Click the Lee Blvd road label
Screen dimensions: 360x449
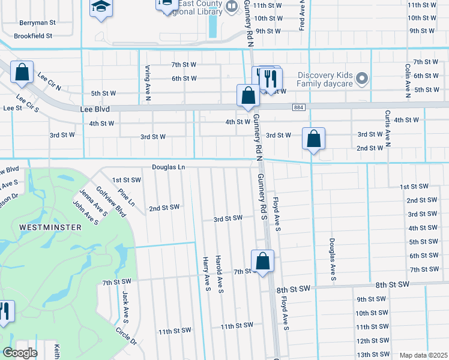coord(95,110)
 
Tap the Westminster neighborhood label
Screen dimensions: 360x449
coord(42,227)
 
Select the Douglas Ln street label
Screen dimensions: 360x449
coord(167,167)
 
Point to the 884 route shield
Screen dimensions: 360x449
coord(298,107)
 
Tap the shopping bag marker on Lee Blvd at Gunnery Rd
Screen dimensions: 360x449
coord(248,96)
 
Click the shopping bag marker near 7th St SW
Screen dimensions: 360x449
coord(262,262)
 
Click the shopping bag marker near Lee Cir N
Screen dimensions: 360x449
coord(22,73)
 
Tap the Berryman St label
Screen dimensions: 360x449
coord(37,22)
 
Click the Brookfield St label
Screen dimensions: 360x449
coord(35,36)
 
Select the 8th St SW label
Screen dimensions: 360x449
coord(392,284)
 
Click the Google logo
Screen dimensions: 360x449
coord(19,353)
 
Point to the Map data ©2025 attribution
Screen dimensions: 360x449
coord(423,355)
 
